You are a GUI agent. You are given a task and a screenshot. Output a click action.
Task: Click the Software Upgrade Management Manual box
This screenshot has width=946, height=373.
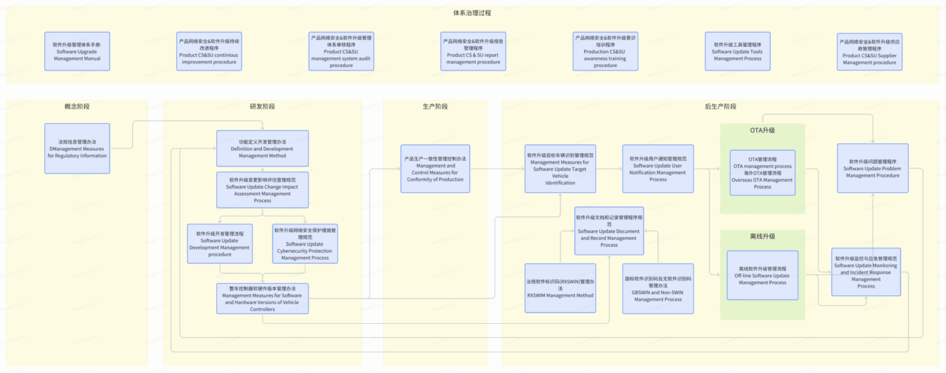coord(77,52)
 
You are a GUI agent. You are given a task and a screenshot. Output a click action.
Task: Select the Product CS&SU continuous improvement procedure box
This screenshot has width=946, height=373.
coord(209,52)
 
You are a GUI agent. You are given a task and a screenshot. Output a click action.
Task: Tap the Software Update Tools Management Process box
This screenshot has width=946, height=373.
coord(737,52)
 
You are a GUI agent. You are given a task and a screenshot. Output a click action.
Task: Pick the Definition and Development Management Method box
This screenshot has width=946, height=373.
coord(262,148)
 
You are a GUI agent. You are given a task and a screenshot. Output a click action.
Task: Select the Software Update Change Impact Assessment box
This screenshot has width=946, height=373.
coord(262,190)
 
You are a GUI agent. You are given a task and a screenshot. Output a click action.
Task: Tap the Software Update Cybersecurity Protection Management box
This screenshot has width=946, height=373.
coord(306,243)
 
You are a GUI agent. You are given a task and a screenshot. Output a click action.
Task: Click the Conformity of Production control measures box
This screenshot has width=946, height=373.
coord(435,169)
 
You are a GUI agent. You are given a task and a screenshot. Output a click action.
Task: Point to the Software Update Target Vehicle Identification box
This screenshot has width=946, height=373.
coord(560,169)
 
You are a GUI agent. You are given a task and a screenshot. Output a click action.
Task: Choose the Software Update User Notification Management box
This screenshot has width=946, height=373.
coord(658,169)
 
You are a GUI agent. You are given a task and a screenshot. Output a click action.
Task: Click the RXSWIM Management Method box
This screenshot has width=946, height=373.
coord(560,288)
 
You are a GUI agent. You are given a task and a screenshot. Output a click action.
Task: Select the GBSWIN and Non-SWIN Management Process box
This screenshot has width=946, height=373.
coord(658,288)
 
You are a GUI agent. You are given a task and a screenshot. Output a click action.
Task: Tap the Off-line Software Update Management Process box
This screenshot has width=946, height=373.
coord(762,275)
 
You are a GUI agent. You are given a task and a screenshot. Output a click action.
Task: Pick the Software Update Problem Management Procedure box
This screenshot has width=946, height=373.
coord(872,169)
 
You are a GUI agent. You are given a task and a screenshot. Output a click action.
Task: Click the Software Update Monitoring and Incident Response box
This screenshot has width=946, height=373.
coord(865,272)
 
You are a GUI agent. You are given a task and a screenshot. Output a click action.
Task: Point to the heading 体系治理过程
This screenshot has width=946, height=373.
coord(472,13)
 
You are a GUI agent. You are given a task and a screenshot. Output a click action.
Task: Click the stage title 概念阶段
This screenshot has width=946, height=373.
coord(77,106)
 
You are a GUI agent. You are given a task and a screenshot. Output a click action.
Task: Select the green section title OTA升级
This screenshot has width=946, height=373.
coord(762,130)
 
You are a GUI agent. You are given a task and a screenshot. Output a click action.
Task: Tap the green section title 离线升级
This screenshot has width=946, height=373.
coord(762,236)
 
